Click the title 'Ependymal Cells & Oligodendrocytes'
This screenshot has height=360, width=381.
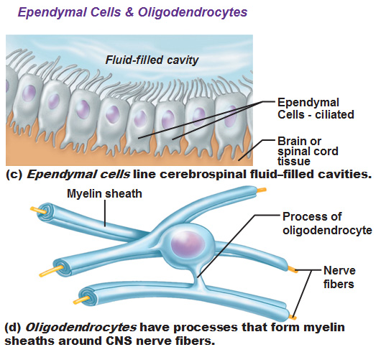tap(133, 12)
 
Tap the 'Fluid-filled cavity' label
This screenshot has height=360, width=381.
tap(152, 60)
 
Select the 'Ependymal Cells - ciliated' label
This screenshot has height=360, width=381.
tap(316, 109)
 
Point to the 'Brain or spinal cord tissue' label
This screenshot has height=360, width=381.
tap(308, 151)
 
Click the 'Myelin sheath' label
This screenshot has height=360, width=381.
tap(104, 194)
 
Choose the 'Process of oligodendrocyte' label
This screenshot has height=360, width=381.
tap(327, 223)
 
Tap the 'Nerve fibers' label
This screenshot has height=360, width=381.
tap(339, 277)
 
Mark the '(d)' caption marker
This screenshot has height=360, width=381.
tap(14, 328)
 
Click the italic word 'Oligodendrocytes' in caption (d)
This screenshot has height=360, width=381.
tap(81, 328)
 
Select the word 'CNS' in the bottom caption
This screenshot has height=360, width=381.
tap(119, 341)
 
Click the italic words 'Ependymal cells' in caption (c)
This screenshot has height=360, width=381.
tap(78, 175)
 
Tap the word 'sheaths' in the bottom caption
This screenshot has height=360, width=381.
tap(30, 341)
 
